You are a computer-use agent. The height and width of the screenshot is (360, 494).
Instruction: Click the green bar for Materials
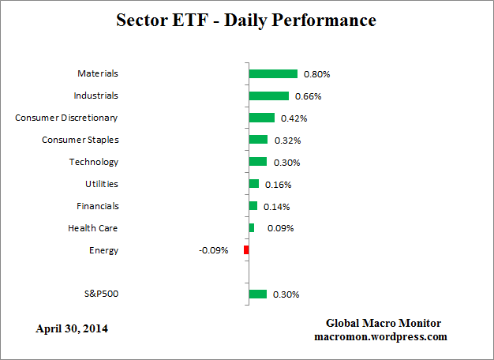pos(273,73)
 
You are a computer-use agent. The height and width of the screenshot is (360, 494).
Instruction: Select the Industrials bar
pos(268,96)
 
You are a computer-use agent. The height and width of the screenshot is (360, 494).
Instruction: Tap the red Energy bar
pos(246,250)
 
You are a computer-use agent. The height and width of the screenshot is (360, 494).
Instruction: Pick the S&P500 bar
pos(258,294)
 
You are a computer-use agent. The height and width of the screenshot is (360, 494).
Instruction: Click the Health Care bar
pos(252,228)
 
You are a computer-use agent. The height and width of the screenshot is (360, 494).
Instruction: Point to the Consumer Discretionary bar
pos(261,118)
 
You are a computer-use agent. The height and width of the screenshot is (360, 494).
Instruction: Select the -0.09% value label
pos(213,250)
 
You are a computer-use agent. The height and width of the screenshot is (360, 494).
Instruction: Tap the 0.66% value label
pos(309,96)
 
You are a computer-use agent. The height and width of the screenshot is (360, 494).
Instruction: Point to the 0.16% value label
pos(279,185)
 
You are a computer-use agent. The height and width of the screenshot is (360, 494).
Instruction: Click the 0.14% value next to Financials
pos(277,207)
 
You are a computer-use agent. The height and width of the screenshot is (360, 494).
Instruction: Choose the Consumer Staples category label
pos(80,140)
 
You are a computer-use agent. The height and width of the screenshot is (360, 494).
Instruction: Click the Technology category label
pos(94,162)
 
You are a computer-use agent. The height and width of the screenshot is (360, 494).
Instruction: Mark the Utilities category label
pos(102,184)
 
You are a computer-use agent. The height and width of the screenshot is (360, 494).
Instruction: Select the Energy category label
pos(104,250)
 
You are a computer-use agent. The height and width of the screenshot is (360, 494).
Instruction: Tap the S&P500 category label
pos(101,294)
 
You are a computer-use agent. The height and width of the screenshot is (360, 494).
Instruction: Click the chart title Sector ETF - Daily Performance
pos(246,21)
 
